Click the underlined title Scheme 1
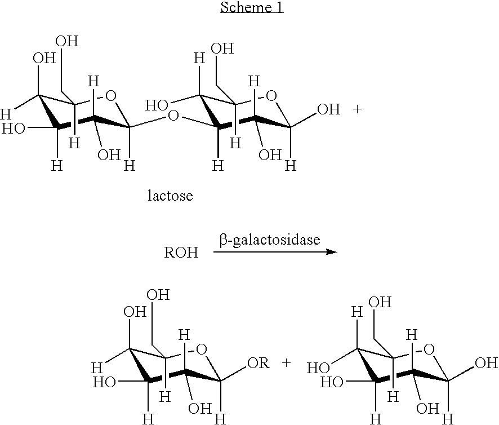coord(252,8)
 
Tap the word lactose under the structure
coord(170,196)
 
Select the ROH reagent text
coord(181,253)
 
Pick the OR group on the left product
coord(257,364)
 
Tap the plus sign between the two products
coord(287,364)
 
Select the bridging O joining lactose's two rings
coord(173,117)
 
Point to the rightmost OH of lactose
coord(329,109)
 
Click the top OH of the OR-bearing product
coord(158,295)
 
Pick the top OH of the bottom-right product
coord(380,302)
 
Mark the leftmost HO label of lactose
coord(12,129)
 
